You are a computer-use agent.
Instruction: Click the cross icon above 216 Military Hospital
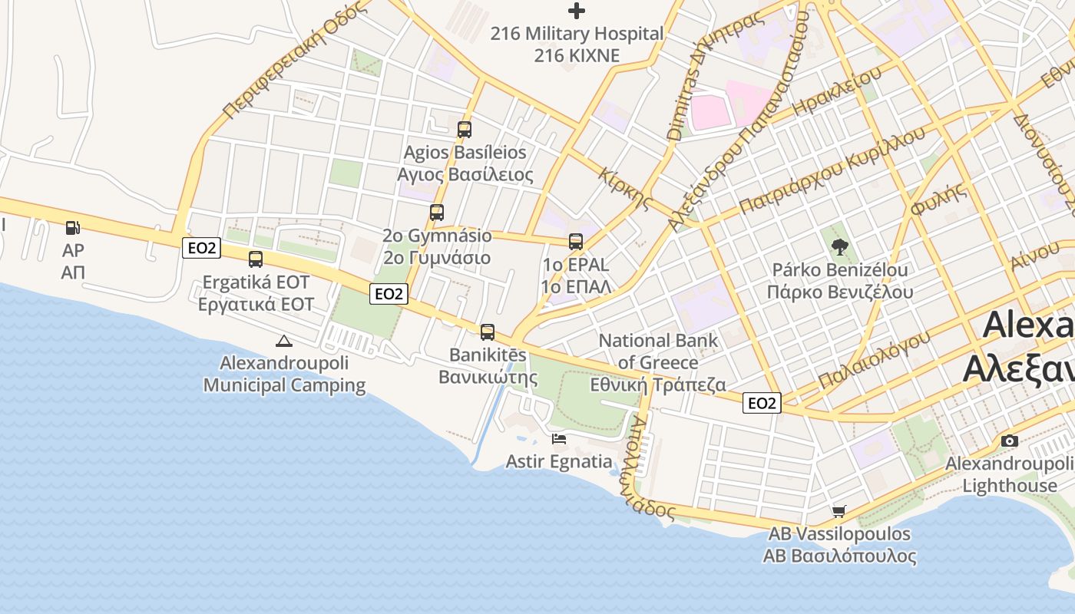tap(576, 11)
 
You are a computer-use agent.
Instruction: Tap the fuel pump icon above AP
tap(73, 228)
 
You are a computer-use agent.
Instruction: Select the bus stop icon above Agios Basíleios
tap(464, 129)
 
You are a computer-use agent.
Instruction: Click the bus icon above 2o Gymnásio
tap(437, 213)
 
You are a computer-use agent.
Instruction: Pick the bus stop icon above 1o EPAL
tap(576, 242)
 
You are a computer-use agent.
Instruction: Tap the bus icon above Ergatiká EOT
tap(256, 259)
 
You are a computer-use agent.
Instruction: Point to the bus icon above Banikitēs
tap(488, 332)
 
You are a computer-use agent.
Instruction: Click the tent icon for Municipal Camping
tap(283, 341)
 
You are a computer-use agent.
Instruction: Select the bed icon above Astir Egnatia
tap(559, 439)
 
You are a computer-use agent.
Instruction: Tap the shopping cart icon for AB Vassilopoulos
tap(839, 511)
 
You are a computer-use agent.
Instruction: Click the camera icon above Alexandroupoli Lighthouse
tap(1010, 441)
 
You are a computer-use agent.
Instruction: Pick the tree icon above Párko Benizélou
tap(840, 247)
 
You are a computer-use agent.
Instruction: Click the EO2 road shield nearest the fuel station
tap(202, 247)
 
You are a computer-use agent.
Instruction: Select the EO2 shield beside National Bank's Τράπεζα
tap(762, 403)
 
